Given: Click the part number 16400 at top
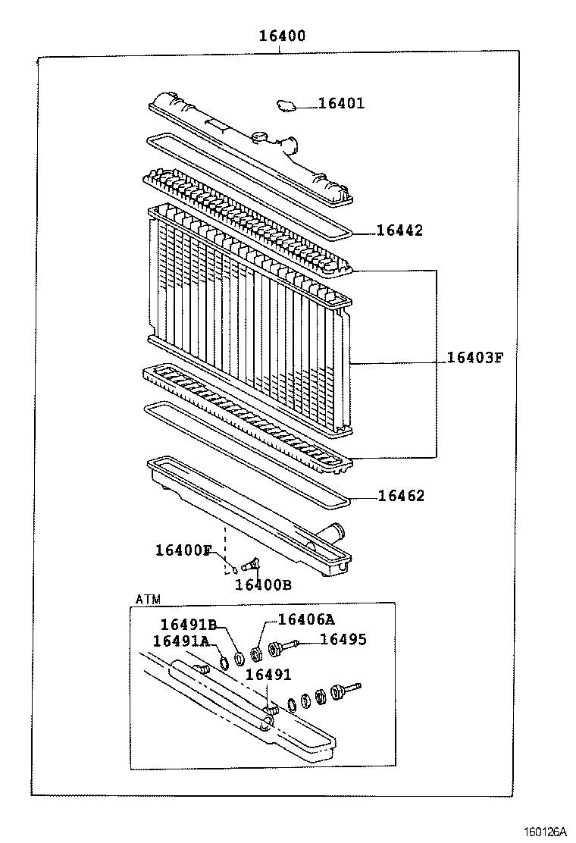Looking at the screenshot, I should click(281, 36).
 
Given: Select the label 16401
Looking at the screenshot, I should click(341, 103).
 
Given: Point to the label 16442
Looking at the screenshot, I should click(399, 230).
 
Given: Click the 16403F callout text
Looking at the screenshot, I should click(474, 357).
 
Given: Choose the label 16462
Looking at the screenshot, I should click(401, 496).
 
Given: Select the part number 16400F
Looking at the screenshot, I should click(183, 550).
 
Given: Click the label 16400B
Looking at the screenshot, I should click(263, 584).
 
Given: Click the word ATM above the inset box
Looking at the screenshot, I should click(149, 599).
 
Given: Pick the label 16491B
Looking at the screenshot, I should click(189, 625).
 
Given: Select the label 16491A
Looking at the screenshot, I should click(181, 641).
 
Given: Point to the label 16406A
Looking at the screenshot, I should click(306, 619).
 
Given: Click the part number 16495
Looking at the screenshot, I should click(343, 640).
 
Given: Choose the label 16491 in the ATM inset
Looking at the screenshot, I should click(268, 674).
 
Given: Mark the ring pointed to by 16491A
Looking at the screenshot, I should click(224, 663).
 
